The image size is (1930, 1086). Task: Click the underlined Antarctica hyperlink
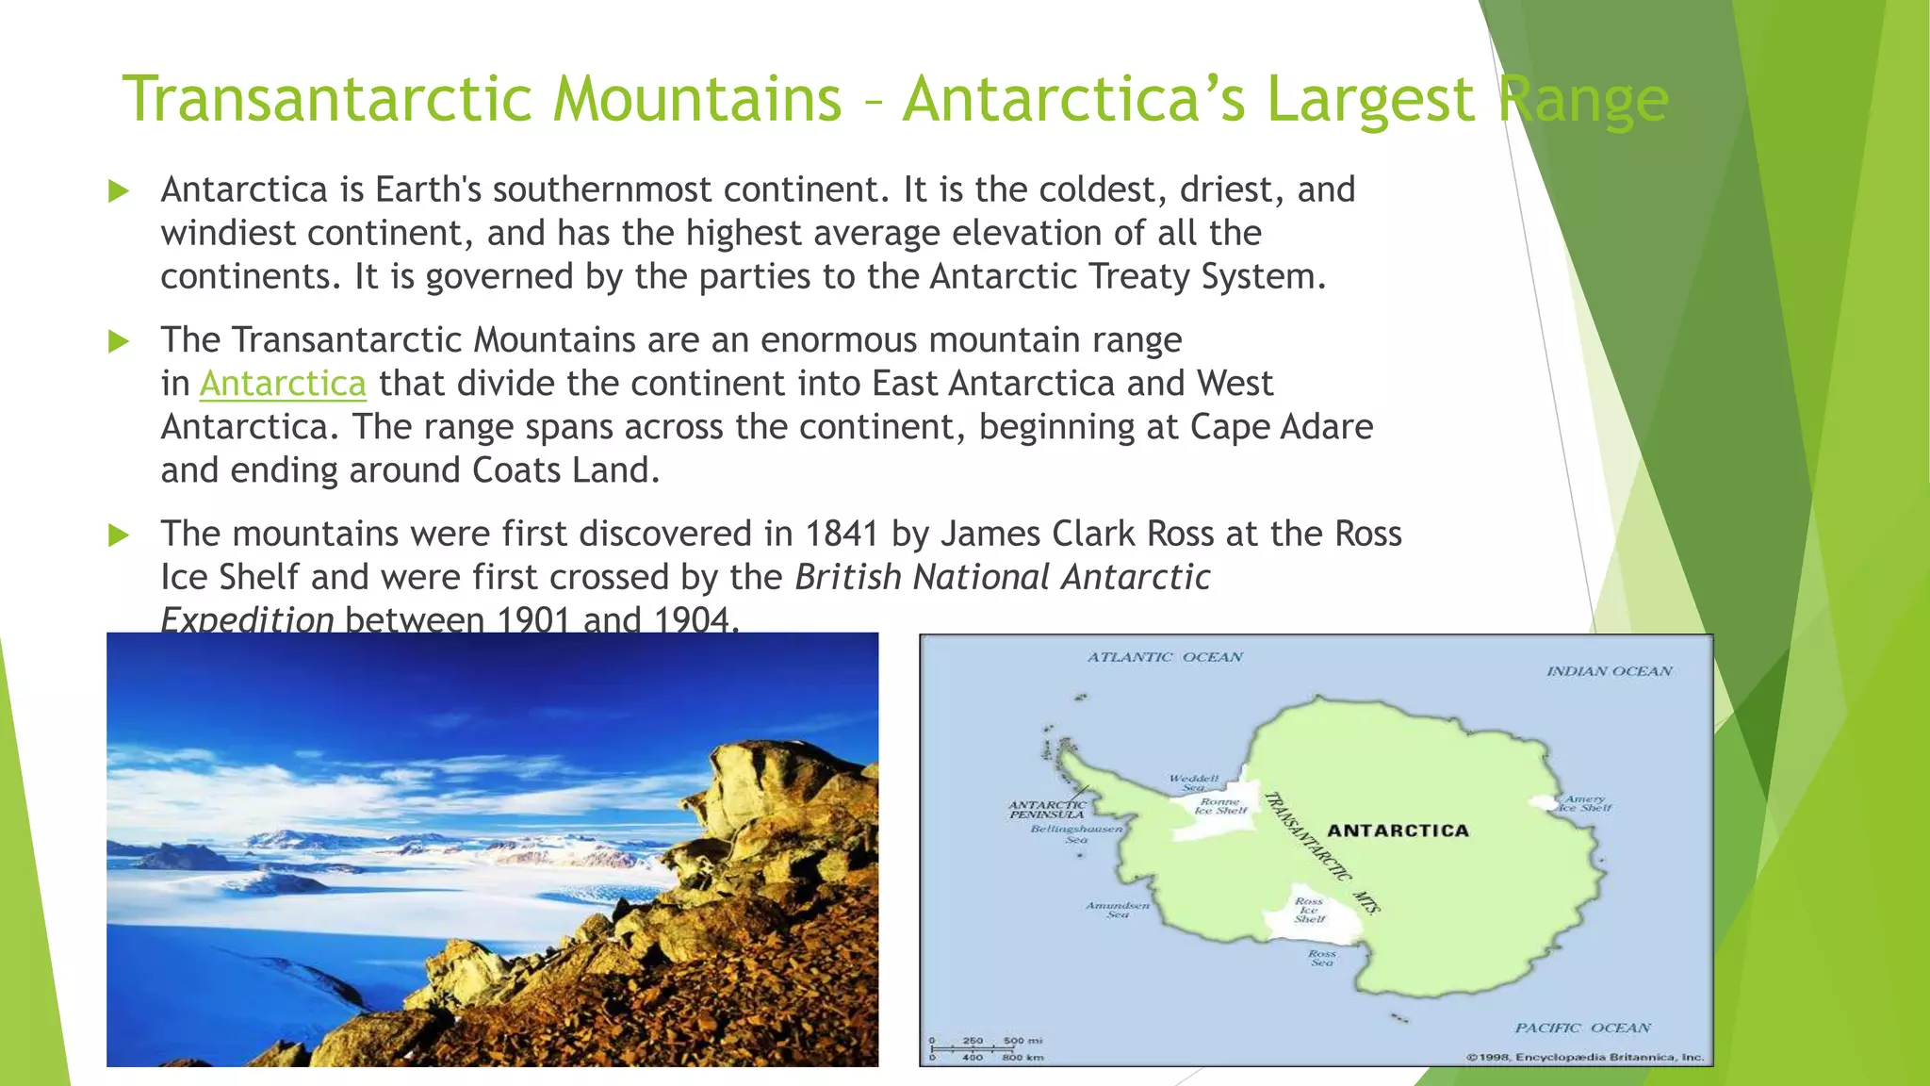(x=283, y=384)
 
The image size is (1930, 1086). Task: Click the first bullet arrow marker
(x=119, y=191)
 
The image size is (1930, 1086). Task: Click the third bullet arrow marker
(x=119, y=535)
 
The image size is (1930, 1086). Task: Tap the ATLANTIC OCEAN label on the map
(x=1165, y=657)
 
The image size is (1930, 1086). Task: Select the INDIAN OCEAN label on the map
(x=1609, y=671)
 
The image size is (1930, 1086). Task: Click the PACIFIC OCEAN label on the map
(x=1583, y=1028)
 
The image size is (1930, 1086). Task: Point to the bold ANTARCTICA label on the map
(x=1398, y=831)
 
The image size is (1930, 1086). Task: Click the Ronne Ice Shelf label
(x=1220, y=806)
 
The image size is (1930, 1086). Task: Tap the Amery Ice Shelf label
(x=1585, y=803)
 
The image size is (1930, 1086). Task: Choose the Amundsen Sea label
(x=1118, y=910)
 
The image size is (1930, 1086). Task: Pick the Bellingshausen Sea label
(x=1076, y=833)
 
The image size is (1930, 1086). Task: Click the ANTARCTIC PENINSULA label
(x=1047, y=810)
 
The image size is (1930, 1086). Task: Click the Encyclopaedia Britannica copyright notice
(x=1585, y=1057)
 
